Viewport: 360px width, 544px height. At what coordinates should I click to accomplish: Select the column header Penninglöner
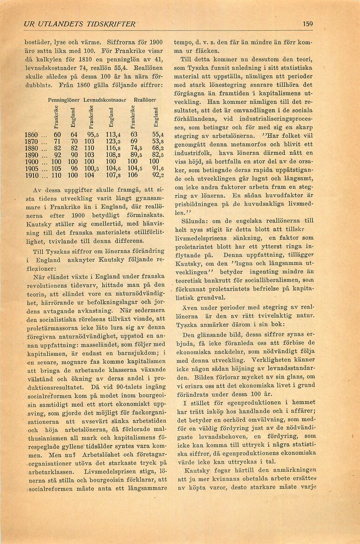point(64,100)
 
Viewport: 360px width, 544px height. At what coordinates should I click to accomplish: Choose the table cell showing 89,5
point(135,155)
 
